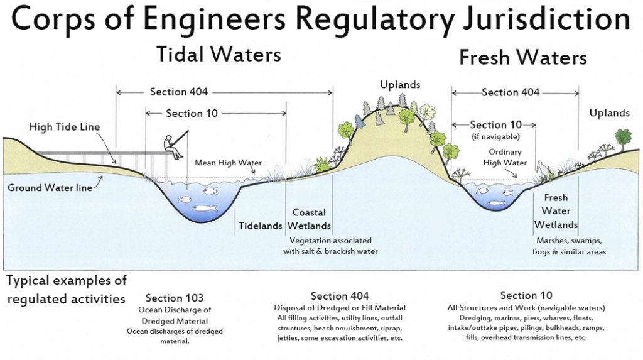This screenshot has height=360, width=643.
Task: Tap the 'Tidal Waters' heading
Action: click(x=218, y=55)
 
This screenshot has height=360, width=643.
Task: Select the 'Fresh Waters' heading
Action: click(x=522, y=58)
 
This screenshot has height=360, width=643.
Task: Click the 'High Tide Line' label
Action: click(x=64, y=127)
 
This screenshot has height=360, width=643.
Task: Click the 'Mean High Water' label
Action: click(x=228, y=163)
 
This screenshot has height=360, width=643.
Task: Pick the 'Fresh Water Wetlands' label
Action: click(x=556, y=211)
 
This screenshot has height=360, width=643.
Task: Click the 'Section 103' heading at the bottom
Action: click(x=174, y=297)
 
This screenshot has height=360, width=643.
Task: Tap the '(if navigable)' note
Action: click(x=495, y=136)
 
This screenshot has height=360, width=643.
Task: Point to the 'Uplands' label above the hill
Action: click(x=399, y=84)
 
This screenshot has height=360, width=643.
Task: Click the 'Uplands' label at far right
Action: click(x=609, y=113)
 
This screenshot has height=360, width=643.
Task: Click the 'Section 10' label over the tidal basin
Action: click(x=193, y=114)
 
